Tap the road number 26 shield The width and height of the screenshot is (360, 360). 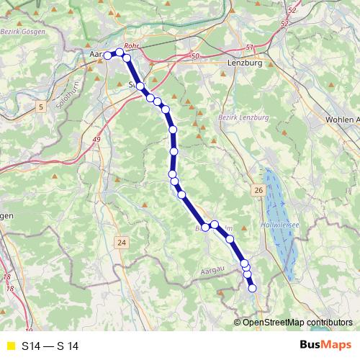click(x=258, y=190)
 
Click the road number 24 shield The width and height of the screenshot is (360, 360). click(x=121, y=243)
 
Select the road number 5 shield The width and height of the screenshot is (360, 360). click(x=42, y=108)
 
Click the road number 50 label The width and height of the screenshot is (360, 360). click(x=194, y=55)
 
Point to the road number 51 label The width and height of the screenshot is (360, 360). click(x=249, y=48)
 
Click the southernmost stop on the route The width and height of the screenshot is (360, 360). click(x=253, y=289)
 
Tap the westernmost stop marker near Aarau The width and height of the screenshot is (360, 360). click(x=108, y=55)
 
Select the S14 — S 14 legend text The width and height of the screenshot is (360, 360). click(x=50, y=346)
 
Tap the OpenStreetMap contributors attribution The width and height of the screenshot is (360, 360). click(x=298, y=322)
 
